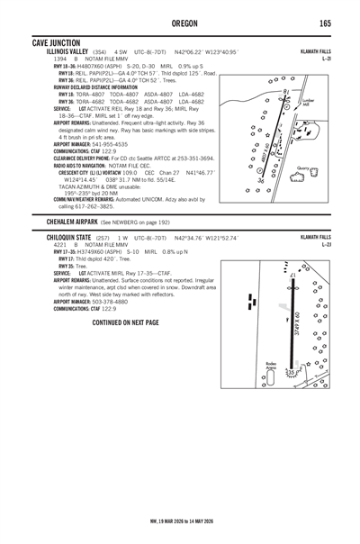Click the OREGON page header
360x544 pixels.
tap(179, 23)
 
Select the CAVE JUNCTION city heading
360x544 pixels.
tap(56, 42)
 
